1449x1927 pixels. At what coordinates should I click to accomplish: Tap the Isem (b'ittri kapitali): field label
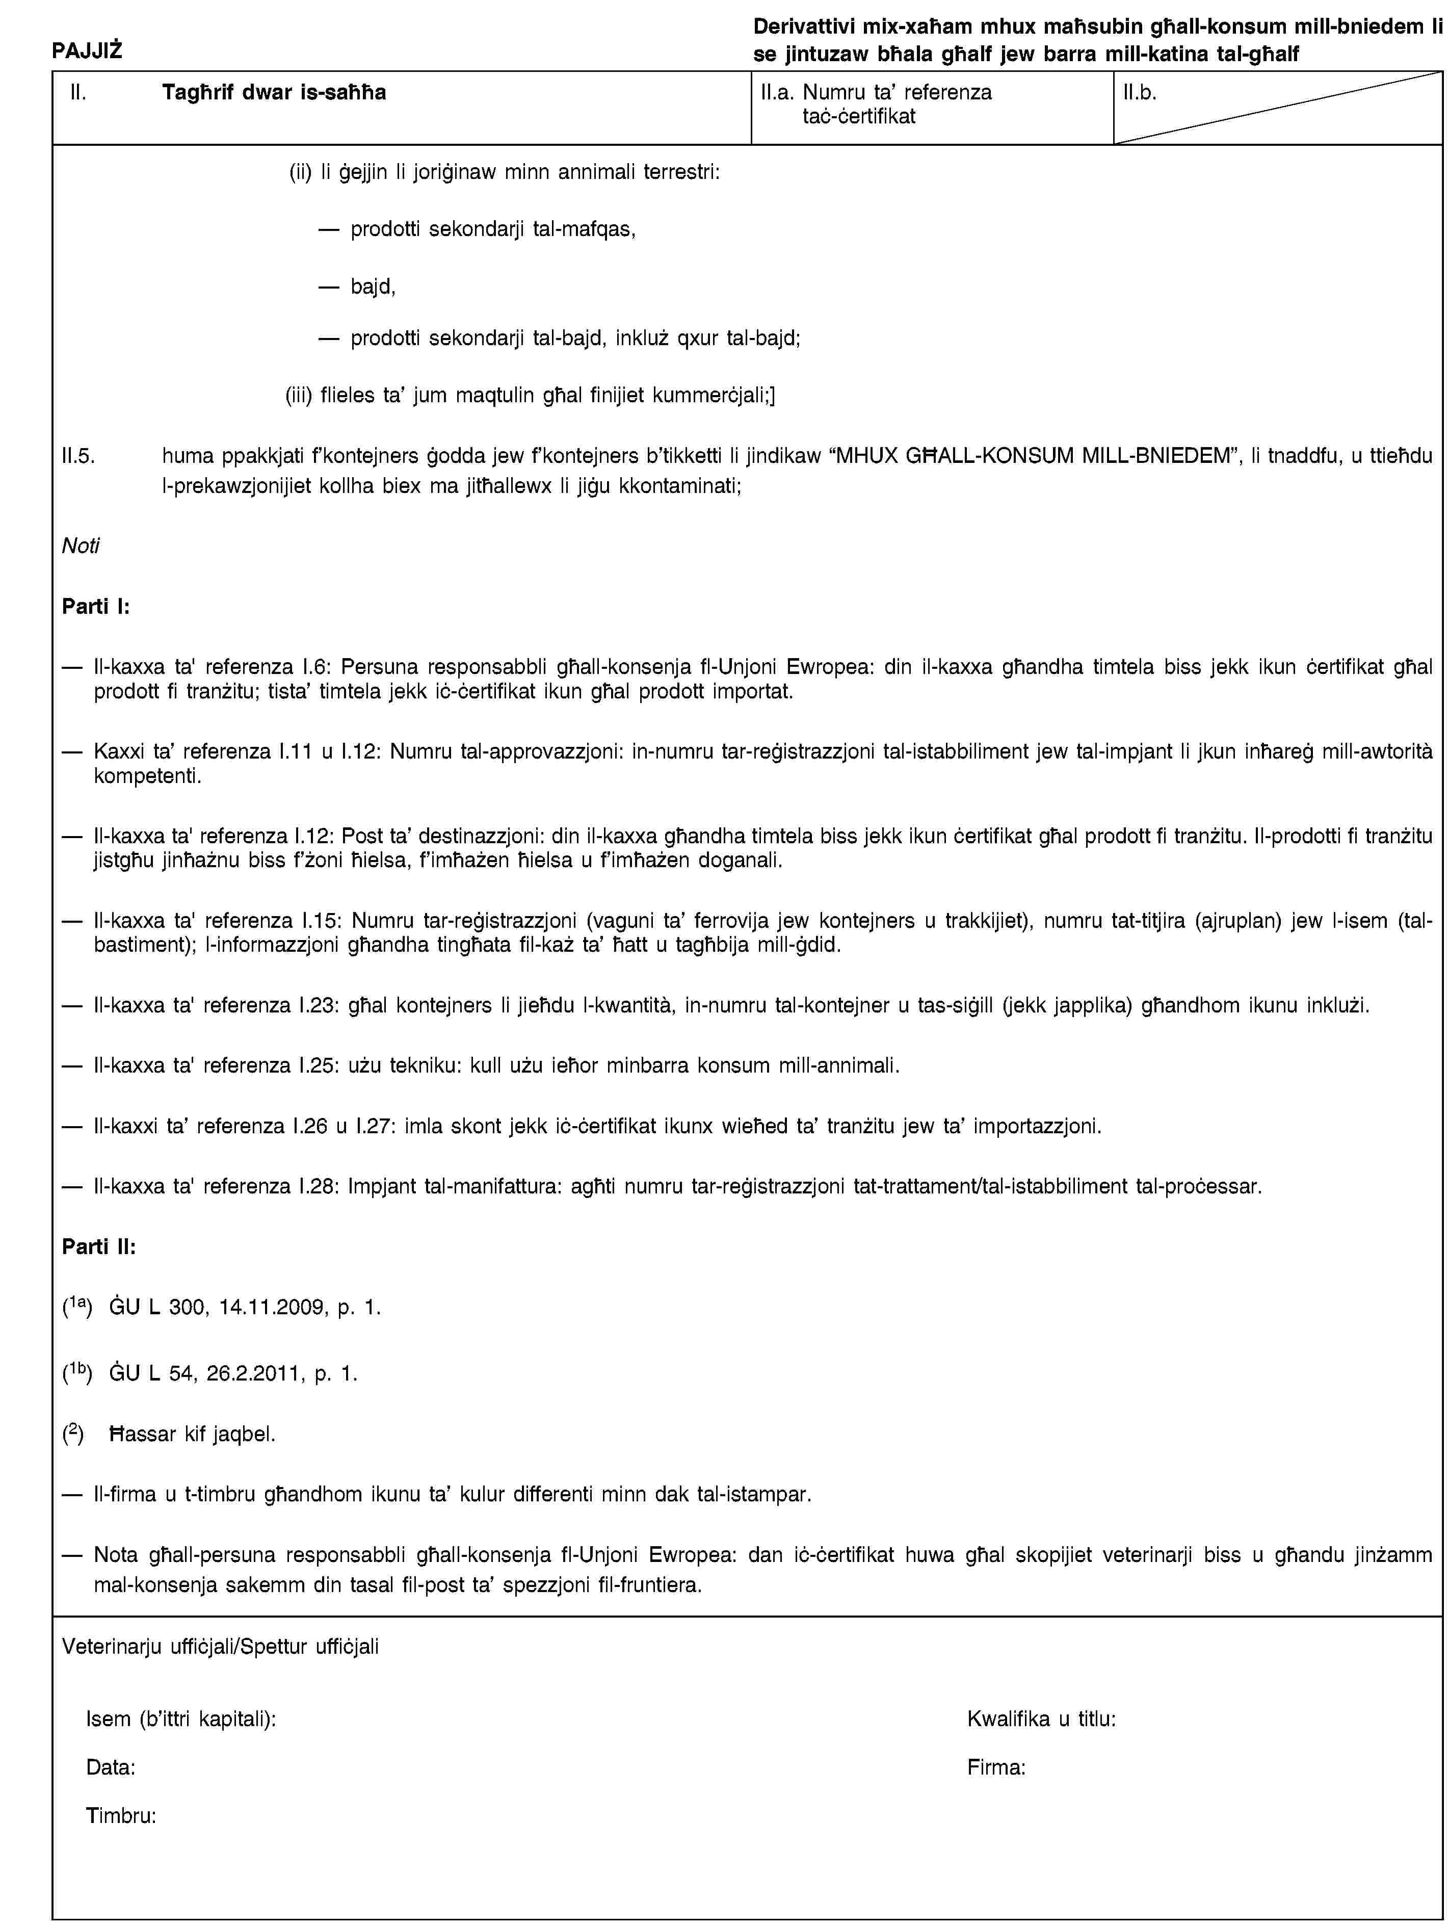click(181, 1719)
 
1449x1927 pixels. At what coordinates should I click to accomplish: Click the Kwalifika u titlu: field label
click(1041, 1719)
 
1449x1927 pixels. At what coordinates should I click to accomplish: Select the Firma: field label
click(995, 1767)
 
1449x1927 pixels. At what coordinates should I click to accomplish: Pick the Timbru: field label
click(121, 1816)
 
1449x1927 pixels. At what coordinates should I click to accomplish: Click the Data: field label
click(110, 1767)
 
